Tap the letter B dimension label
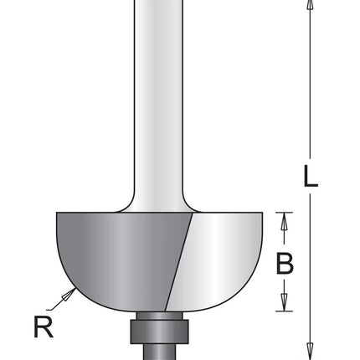pos(285,265)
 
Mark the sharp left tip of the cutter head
pos(57,214)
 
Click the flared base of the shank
pos(157,201)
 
